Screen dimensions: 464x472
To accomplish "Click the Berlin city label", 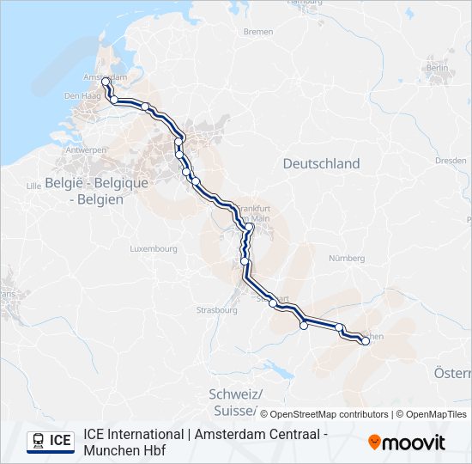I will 437,67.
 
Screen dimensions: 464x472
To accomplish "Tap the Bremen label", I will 258,32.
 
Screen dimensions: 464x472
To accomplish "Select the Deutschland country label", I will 322,163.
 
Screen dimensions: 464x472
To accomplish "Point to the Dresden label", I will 451,160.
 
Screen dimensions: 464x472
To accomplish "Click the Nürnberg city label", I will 348,258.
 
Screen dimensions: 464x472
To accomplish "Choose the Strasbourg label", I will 216,309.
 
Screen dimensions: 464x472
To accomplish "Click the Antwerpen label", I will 87,150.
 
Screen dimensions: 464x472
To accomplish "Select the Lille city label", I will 34,185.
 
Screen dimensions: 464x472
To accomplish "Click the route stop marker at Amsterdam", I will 106,82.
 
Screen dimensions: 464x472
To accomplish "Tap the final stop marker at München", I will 366,341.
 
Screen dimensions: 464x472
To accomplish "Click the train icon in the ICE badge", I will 39,441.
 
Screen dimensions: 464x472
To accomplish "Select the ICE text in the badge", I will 60,441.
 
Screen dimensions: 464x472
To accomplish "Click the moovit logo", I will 407,443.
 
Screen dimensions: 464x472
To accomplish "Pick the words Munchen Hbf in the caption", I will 124,449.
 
